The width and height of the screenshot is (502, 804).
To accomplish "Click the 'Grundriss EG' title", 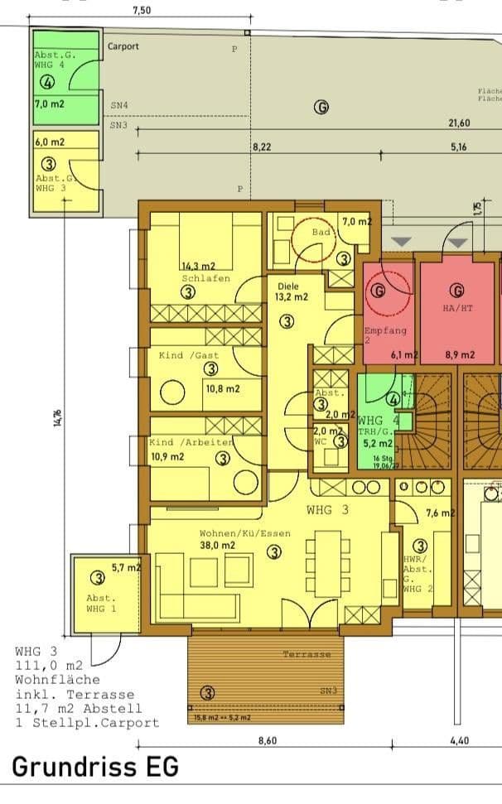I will pyautogui.click(x=95, y=767).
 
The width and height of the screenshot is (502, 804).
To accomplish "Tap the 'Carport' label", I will pyautogui.click(x=123, y=46).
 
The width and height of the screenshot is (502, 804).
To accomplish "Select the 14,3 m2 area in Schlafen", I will pyautogui.click(x=199, y=267).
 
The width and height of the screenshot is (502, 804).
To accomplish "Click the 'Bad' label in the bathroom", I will pyautogui.click(x=321, y=233).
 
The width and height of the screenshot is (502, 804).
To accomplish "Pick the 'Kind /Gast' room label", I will pyautogui.click(x=189, y=355).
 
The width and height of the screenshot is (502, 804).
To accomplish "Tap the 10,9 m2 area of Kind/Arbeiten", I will pyautogui.click(x=167, y=456).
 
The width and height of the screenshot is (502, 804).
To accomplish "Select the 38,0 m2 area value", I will pyautogui.click(x=217, y=546).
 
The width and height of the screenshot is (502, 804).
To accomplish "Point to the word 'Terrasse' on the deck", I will pyautogui.click(x=307, y=654).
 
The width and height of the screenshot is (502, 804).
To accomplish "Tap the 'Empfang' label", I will pyautogui.click(x=385, y=330).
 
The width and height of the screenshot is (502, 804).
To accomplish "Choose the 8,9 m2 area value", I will pyautogui.click(x=460, y=355).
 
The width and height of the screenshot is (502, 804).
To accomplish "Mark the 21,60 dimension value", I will pyautogui.click(x=460, y=123).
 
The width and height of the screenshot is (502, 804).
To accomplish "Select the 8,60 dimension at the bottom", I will pyautogui.click(x=267, y=740).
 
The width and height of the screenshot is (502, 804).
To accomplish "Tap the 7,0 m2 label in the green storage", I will pyautogui.click(x=51, y=104).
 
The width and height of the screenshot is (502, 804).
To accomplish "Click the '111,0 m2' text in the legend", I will pyautogui.click(x=49, y=666).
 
